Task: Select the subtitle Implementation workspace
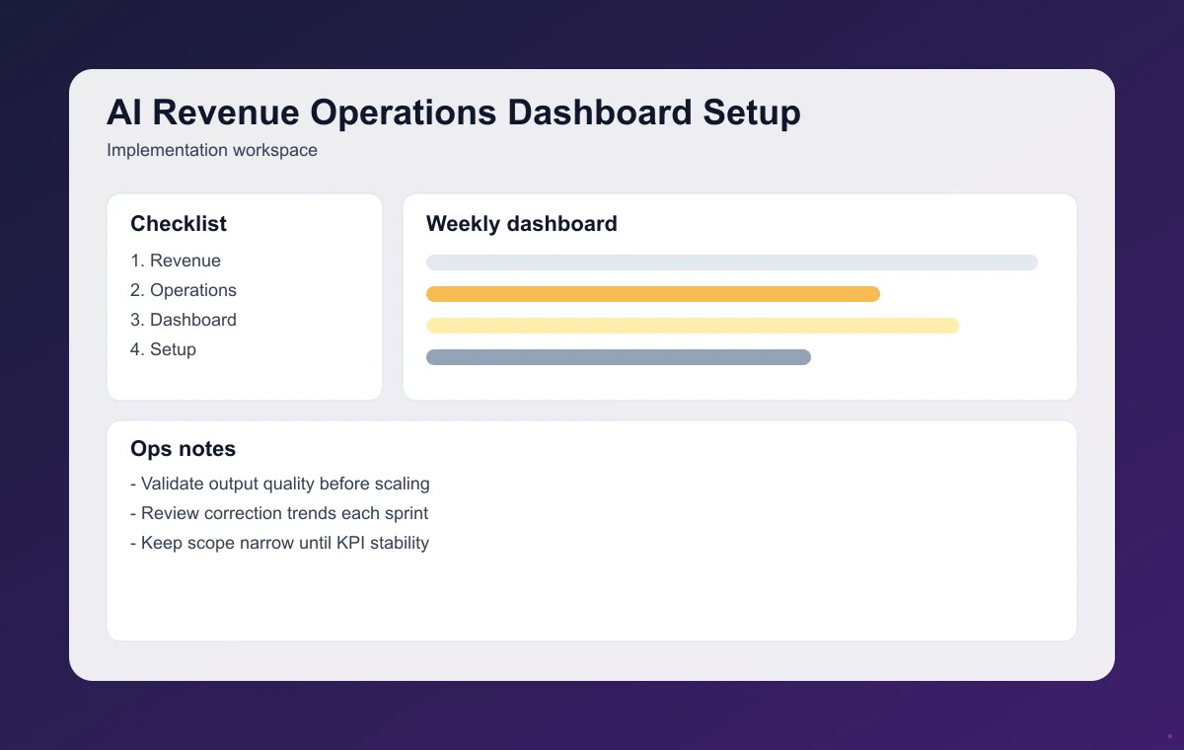click(x=211, y=151)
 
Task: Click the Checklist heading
click(x=179, y=224)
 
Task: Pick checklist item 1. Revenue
click(x=176, y=261)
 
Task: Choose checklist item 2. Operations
click(x=184, y=290)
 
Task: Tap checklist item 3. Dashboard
click(x=184, y=320)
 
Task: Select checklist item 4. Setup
click(x=163, y=349)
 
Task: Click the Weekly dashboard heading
click(x=521, y=224)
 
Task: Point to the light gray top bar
click(x=731, y=262)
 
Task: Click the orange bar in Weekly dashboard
click(x=652, y=294)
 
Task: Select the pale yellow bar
click(x=692, y=326)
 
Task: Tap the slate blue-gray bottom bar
click(x=618, y=357)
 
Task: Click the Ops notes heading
click(x=183, y=449)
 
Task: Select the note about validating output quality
click(x=280, y=484)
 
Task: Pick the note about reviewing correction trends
click(x=279, y=513)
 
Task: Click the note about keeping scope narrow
click(x=279, y=543)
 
